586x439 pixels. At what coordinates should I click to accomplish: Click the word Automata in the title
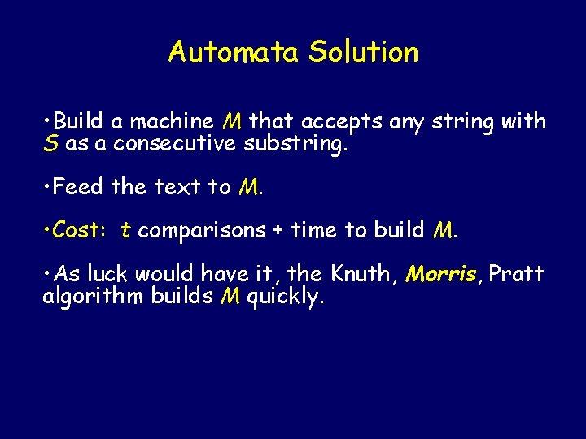point(234,52)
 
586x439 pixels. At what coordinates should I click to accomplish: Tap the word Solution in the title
point(363,52)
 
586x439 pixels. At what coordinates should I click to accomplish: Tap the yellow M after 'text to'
point(249,188)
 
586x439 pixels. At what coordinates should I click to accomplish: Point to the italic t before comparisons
point(125,230)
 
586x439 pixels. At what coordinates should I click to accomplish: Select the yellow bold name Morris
point(440,273)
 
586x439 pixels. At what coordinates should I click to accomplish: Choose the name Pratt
point(516,273)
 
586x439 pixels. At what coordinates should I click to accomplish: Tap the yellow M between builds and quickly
point(230,296)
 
